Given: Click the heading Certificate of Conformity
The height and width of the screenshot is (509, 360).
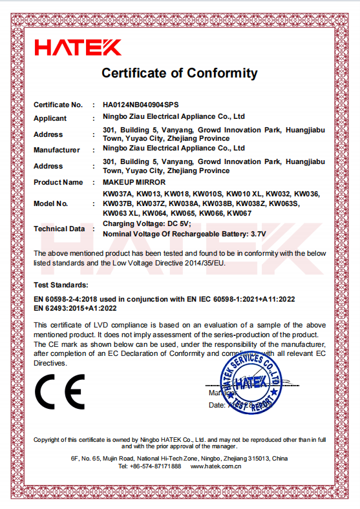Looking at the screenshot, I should [180, 73].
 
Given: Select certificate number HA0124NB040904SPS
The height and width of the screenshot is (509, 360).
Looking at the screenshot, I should [140, 104].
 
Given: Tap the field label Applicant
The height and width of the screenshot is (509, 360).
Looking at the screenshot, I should [50, 118].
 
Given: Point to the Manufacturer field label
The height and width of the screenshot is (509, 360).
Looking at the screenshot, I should [57, 150].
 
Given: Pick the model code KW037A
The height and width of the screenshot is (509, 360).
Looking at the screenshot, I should [118, 192].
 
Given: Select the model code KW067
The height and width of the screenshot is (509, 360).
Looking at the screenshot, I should [240, 213].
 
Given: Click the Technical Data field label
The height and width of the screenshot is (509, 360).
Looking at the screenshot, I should [59, 229].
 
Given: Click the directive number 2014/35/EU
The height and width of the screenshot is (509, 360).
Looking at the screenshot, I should [205, 263].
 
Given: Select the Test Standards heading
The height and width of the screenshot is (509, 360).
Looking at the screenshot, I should [61, 284].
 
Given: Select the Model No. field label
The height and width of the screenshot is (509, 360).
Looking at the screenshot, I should [51, 203].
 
